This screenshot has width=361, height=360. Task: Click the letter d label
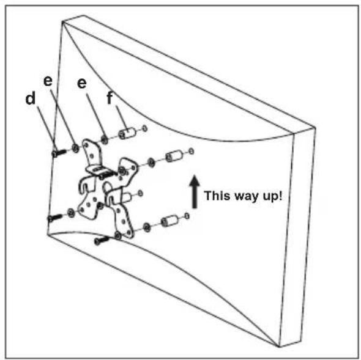[x=31, y=98]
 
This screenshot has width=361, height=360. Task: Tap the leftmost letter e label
[x=48, y=81]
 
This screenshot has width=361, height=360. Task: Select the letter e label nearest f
[x=82, y=83]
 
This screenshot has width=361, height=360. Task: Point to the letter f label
[x=110, y=98]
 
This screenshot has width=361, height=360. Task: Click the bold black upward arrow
[x=195, y=192]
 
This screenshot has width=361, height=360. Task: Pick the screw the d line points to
[x=59, y=153]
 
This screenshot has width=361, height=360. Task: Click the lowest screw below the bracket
[x=102, y=240]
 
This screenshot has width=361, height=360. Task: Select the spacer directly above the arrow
[x=174, y=156]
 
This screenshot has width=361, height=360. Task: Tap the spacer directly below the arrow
[x=169, y=221]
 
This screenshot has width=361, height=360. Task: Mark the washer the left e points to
[x=75, y=148]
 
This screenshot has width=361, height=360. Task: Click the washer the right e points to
[x=105, y=139]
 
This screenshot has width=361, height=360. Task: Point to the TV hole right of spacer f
[x=145, y=128]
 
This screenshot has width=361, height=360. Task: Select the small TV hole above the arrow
[x=192, y=152]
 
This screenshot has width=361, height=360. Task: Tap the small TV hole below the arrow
[x=187, y=216]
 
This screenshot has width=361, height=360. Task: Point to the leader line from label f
[x=121, y=118]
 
